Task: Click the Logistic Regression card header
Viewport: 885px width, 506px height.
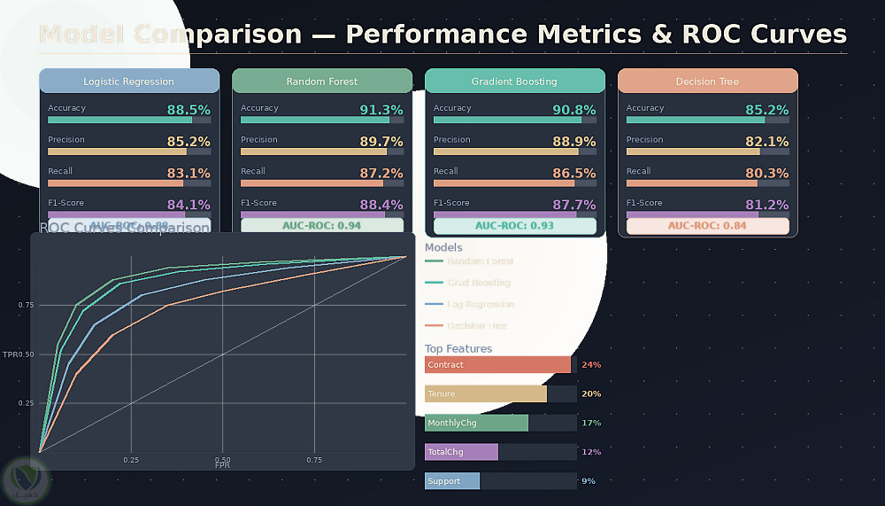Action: click(129, 82)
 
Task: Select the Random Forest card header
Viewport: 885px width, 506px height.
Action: click(322, 82)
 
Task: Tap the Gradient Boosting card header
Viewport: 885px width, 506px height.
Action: click(514, 82)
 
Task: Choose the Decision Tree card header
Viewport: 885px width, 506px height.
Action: click(708, 82)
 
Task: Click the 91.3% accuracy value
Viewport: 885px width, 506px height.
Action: click(381, 110)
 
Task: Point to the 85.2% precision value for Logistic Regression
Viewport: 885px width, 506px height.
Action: click(189, 142)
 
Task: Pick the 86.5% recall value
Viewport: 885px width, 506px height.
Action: click(574, 174)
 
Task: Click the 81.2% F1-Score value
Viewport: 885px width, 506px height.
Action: click(767, 205)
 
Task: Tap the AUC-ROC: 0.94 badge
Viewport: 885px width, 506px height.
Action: click(322, 226)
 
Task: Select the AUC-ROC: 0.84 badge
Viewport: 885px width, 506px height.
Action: click(707, 226)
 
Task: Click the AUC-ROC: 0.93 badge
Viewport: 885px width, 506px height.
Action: click(514, 226)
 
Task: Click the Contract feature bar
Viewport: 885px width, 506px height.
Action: click(498, 365)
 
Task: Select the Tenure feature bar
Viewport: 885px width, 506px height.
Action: click(486, 394)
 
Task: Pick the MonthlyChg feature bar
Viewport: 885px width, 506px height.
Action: click(476, 423)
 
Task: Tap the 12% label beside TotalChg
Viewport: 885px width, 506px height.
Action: click(590, 452)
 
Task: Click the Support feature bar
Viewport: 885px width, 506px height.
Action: click(452, 481)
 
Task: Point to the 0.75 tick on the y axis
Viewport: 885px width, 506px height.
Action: click(25, 305)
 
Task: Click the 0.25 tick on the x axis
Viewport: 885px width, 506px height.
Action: click(131, 460)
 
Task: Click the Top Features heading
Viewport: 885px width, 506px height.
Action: click(458, 349)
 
